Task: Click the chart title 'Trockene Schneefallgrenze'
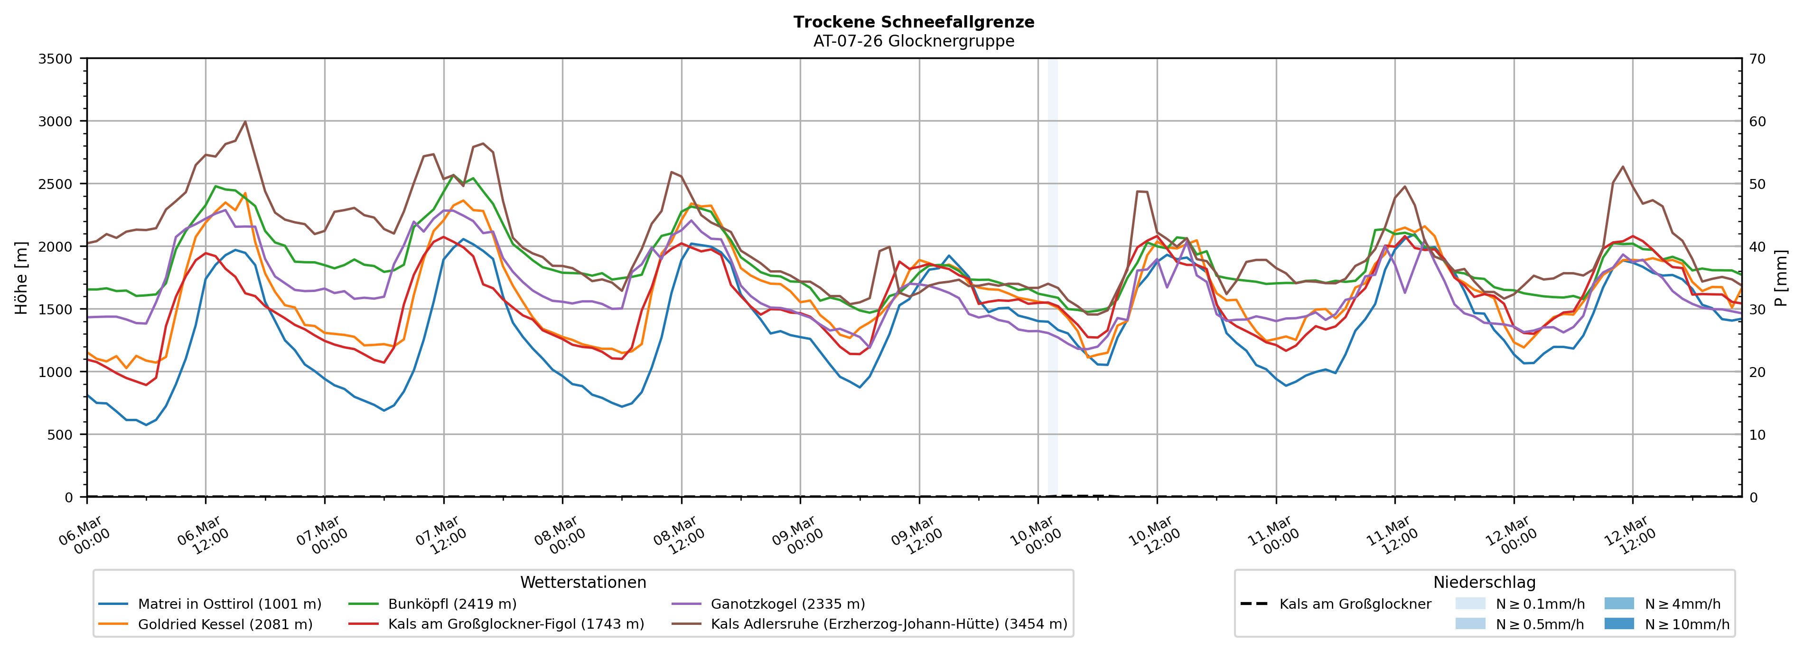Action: [913, 22]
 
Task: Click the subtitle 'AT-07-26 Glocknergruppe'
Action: [913, 41]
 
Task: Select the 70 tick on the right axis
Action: [1757, 59]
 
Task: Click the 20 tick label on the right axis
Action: [1757, 372]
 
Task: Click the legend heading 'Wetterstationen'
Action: [583, 582]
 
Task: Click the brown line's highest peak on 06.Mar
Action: [245, 122]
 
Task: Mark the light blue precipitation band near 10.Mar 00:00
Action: [1052, 280]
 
